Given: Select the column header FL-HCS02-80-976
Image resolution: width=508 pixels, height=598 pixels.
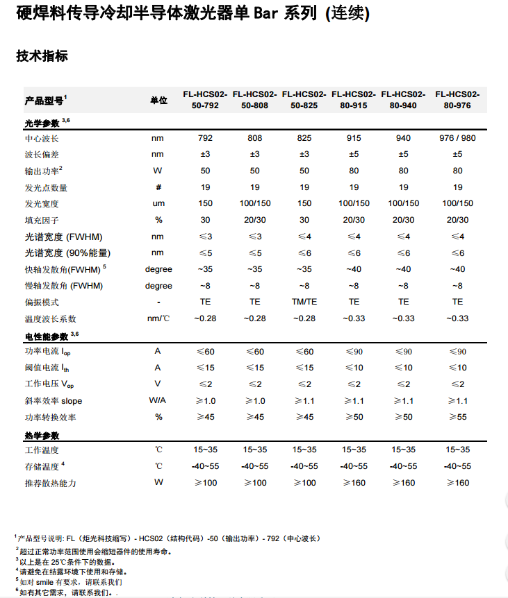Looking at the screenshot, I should click(457, 99).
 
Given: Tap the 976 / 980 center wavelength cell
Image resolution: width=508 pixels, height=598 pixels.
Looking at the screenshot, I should click(457, 138).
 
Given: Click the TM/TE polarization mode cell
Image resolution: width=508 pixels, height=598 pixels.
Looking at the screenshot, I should click(304, 302).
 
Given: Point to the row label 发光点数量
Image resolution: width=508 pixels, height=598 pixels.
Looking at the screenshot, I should click(47, 187).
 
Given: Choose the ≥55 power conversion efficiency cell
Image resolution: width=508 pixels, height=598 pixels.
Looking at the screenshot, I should click(457, 417).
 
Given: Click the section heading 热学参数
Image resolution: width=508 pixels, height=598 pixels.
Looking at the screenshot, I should click(42, 436).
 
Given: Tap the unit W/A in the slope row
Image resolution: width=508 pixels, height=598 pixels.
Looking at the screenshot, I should click(158, 401).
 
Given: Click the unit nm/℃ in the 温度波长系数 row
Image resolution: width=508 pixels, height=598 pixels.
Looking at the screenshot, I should click(158, 318).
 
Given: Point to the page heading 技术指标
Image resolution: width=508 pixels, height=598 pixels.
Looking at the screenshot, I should click(42, 56).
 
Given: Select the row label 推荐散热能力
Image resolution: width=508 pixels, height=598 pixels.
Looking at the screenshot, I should click(51, 483).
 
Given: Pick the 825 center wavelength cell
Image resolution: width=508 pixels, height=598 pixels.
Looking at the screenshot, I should click(304, 138).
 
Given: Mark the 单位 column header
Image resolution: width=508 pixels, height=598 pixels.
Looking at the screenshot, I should click(158, 100).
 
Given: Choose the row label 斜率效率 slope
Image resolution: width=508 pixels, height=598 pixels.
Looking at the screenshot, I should click(54, 401).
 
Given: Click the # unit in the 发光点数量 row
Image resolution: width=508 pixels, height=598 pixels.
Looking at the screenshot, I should click(158, 187).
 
